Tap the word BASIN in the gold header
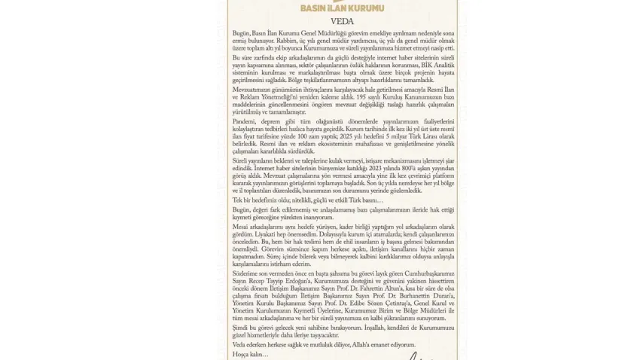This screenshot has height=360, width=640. pyautogui.click(x=313, y=8)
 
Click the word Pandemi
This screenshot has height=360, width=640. pyautogui.click(x=244, y=121)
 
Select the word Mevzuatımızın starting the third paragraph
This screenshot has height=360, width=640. pyautogui.click(x=250, y=89)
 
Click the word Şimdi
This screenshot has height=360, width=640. pyautogui.click(x=241, y=327)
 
